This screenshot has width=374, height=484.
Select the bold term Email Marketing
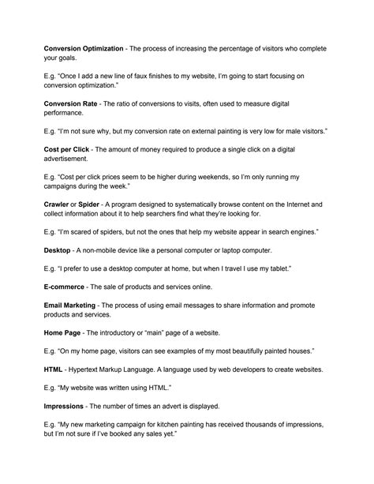pos(70,305)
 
